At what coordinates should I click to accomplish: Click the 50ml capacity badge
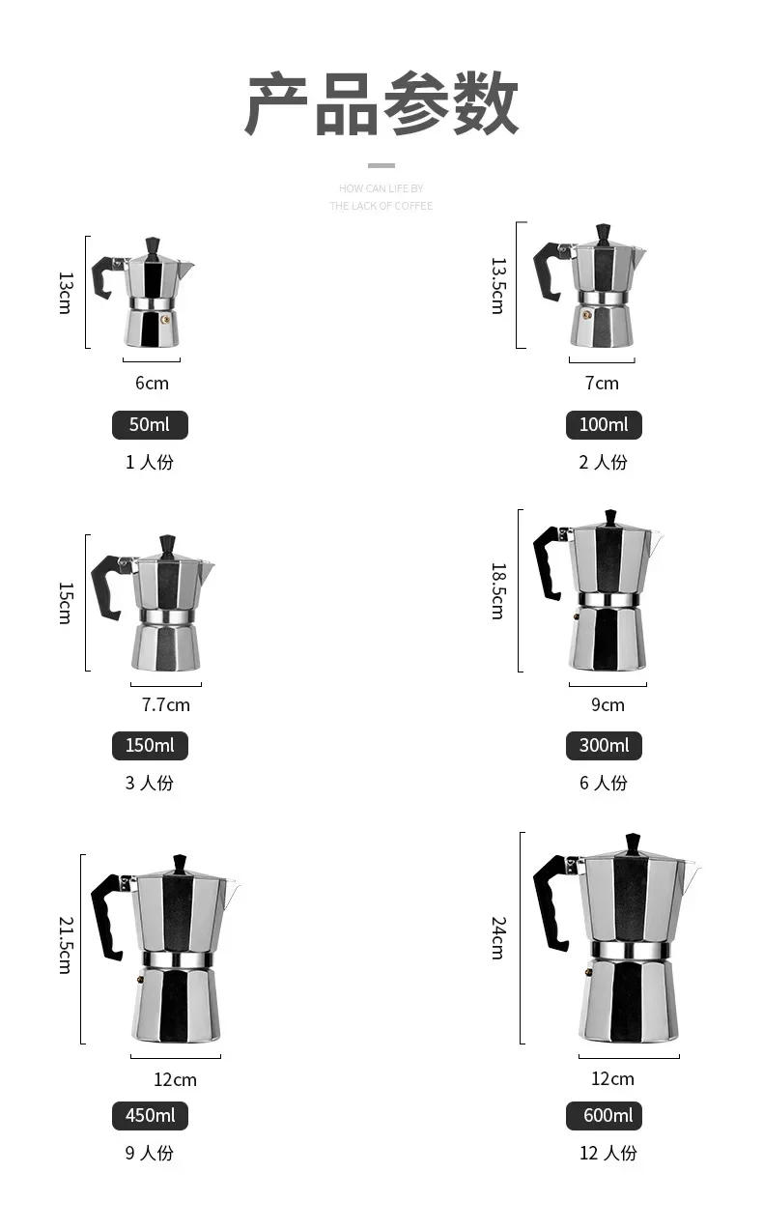tap(150, 425)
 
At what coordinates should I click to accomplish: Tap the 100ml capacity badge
tap(604, 425)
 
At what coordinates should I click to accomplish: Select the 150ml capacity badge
tap(150, 746)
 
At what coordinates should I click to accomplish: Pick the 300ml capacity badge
tap(604, 746)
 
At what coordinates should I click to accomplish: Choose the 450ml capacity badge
tap(150, 1116)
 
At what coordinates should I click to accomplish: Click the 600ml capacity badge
tap(604, 1116)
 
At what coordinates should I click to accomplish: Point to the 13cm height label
tap(66, 292)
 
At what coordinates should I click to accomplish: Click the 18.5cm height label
tap(497, 590)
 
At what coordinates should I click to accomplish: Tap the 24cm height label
tap(497, 937)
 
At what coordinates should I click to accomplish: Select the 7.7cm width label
tap(166, 704)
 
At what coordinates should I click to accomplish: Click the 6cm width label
tap(152, 384)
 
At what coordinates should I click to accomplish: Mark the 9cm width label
tap(608, 704)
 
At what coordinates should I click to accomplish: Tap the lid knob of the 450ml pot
tap(179, 863)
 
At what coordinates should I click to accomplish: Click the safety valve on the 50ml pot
tap(165, 318)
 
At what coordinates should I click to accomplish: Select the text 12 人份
tap(608, 1153)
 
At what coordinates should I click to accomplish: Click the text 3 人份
tap(150, 783)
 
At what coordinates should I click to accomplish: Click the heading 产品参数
tap(381, 104)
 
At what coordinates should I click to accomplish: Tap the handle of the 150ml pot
tap(105, 585)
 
